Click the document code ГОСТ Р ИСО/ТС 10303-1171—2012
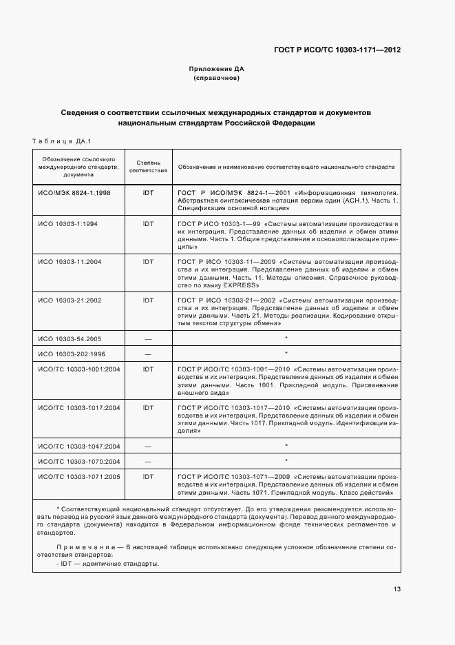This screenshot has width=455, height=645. tap(337, 50)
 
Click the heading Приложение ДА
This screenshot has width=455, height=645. tap(216, 69)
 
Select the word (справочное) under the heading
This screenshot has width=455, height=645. tap(216, 78)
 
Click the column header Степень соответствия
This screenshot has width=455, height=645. tap(148, 166)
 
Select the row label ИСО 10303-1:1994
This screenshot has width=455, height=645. tap(68, 224)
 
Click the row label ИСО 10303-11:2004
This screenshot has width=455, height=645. tap(70, 262)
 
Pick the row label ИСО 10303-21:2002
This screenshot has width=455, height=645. tap(70, 300)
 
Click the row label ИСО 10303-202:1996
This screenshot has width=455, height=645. tap(71, 354)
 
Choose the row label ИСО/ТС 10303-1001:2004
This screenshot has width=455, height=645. tap(78, 369)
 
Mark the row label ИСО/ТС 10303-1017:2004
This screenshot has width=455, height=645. tap(78, 408)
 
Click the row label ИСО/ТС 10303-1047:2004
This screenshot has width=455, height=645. tap(78, 447)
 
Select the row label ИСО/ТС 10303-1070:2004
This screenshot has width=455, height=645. tap(78, 461)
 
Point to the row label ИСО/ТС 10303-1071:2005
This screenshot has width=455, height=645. tap(78, 476)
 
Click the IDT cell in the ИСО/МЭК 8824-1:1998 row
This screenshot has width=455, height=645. tap(148, 193)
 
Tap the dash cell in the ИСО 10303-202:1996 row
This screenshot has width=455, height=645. tap(148, 354)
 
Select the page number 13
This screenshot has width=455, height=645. tap(397, 589)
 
